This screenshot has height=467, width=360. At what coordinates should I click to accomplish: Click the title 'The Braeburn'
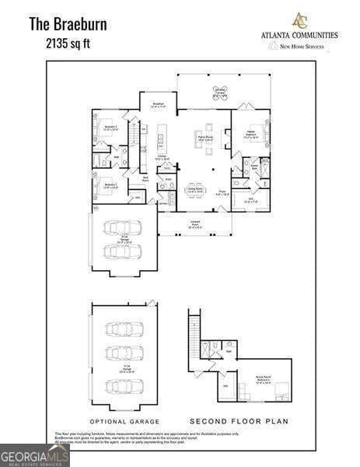[68, 24]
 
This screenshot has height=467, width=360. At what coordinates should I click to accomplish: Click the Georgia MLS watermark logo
[35, 455]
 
